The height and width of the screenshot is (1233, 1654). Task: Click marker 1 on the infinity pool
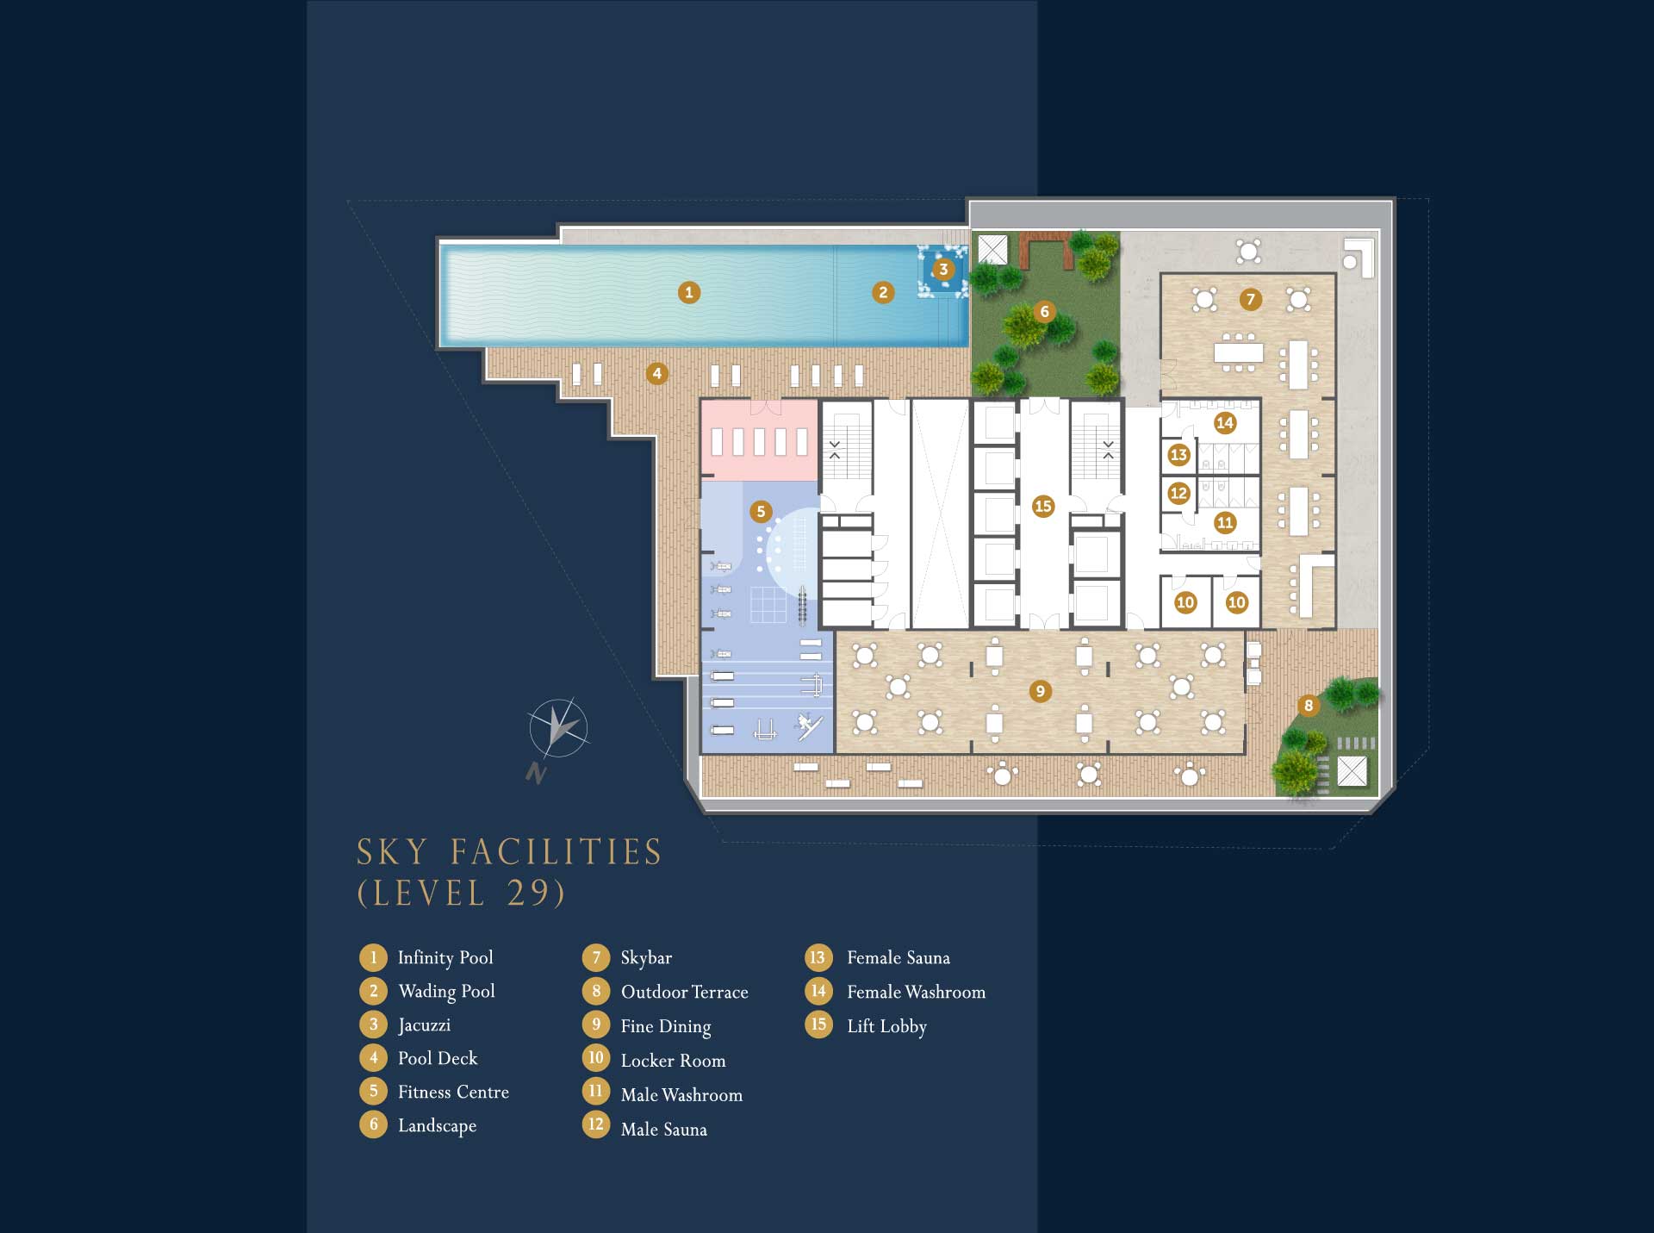tap(688, 293)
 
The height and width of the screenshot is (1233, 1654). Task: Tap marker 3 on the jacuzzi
tap(943, 270)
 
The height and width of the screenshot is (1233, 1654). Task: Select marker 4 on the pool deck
tap(657, 374)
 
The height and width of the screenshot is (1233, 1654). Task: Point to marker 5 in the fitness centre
tap(761, 512)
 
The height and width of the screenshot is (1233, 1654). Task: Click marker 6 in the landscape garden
tap(1045, 312)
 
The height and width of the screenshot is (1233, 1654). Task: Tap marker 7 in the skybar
tap(1251, 300)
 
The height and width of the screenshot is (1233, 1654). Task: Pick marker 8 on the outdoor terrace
tap(1309, 706)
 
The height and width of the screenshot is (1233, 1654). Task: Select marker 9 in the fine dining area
tap(1041, 691)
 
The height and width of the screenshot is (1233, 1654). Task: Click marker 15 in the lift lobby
tap(1043, 507)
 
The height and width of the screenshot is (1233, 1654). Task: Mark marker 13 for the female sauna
tap(1178, 455)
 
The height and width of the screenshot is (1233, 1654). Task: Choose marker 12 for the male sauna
tap(1178, 494)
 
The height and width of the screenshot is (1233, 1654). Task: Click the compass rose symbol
tap(558, 728)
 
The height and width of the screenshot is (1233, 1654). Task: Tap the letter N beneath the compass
tap(537, 773)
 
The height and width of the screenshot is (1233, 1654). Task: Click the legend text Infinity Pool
tap(445, 958)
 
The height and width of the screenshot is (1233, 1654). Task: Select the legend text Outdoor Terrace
tap(685, 993)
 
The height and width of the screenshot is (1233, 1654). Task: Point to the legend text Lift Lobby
tap(886, 1027)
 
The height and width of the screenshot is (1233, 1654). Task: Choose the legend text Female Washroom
tap(916, 993)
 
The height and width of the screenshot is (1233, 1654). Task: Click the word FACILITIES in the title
tap(557, 852)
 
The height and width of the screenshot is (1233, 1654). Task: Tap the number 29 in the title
tap(526, 893)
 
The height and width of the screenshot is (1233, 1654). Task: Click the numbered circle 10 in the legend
tap(595, 1058)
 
